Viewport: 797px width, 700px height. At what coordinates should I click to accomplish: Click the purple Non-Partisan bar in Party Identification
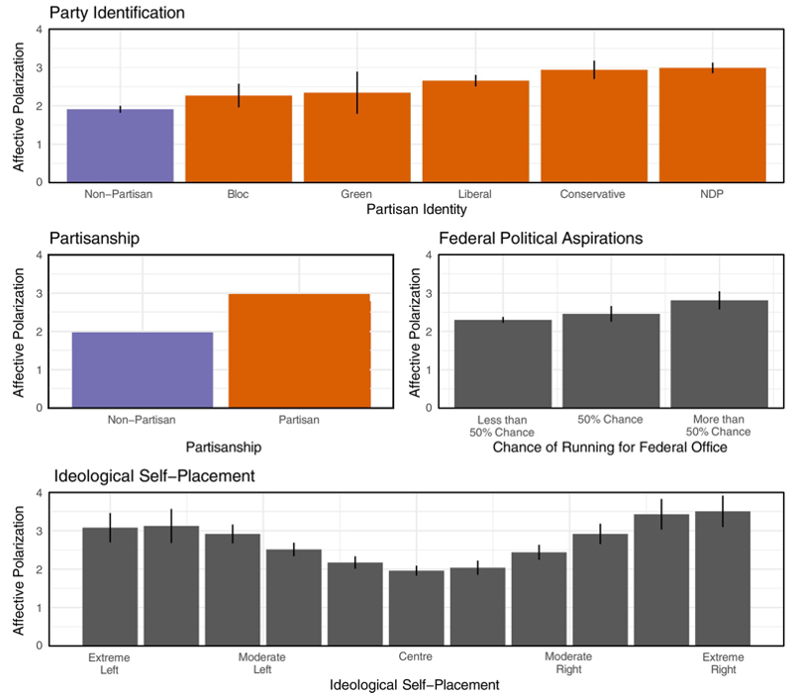(120, 146)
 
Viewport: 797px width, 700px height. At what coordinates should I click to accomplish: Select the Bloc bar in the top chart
(239, 139)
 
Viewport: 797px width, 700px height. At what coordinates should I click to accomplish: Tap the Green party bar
(356, 138)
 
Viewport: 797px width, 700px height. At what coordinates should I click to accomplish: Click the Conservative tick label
(594, 194)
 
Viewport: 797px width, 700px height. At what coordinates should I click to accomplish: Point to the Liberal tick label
(475, 194)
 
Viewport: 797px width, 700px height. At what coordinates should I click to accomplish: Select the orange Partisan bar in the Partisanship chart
(299, 350)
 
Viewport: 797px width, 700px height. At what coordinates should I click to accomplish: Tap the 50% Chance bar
(611, 360)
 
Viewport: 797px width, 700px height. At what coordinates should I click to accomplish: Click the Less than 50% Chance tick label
(504, 426)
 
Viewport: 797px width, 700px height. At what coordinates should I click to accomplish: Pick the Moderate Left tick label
(262, 663)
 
